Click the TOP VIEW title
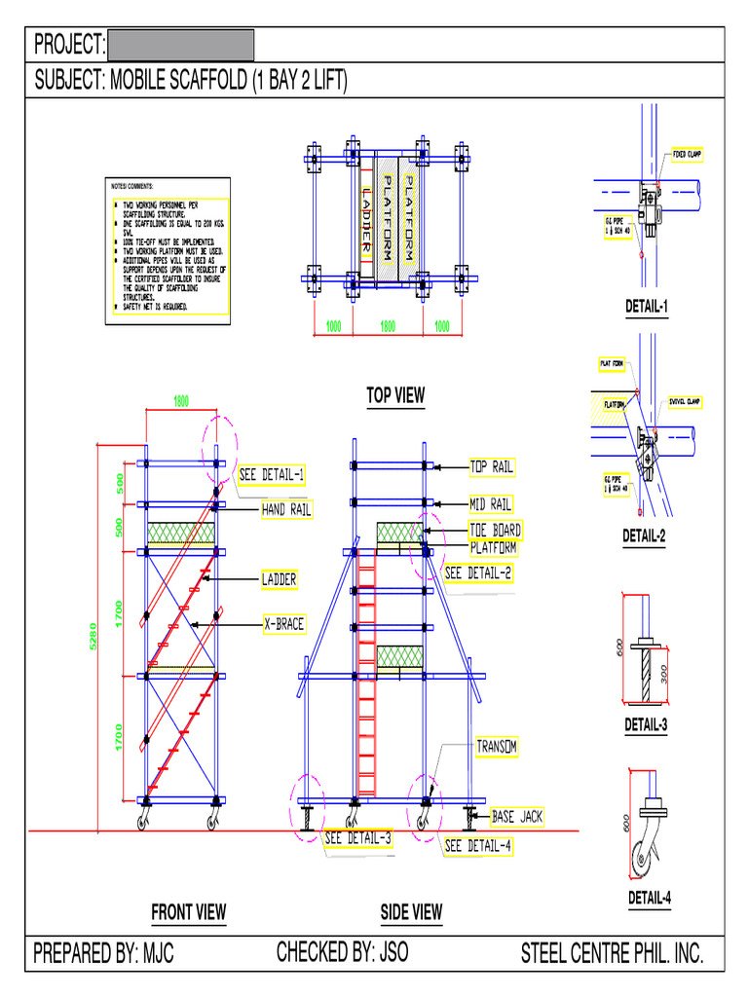pyautogui.click(x=395, y=394)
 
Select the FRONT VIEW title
pyautogui.click(x=188, y=912)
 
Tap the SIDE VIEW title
pyautogui.click(x=411, y=912)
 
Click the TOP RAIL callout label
pyautogui.click(x=492, y=467)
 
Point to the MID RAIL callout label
pyautogui.click(x=491, y=504)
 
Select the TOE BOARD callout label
pyautogui.click(x=495, y=531)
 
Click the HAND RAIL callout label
pyautogui.click(x=286, y=509)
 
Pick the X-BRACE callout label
pyautogui.click(x=283, y=623)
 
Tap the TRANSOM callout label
pyautogui.click(x=497, y=747)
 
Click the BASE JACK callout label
pyautogui.click(x=516, y=817)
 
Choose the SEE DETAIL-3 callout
pyautogui.click(x=357, y=838)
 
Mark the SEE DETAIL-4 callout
pyautogui.click(x=478, y=846)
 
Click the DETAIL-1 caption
pyautogui.click(x=647, y=308)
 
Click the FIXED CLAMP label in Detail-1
pyautogui.click(x=688, y=155)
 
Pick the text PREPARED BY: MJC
pyautogui.click(x=104, y=953)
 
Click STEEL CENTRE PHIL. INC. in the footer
pyautogui.click(x=612, y=953)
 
